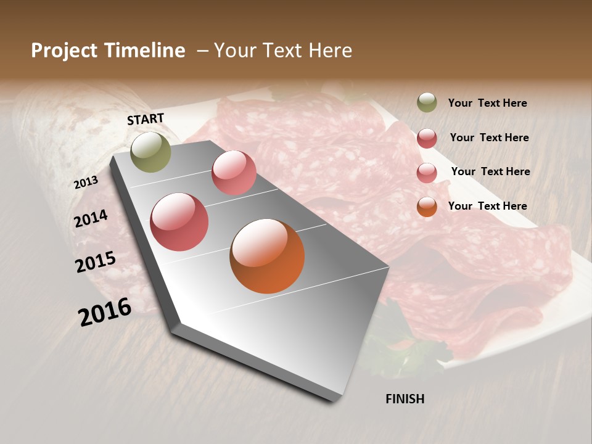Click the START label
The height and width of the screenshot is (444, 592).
tap(146, 119)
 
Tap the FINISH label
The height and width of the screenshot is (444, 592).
tap(405, 399)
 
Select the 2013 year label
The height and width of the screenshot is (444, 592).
tap(86, 183)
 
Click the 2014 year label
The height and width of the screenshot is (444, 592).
tap(91, 218)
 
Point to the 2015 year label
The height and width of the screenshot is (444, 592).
tap(96, 262)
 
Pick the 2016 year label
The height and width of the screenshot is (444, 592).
tap(105, 312)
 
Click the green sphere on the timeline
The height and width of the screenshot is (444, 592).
tap(150, 152)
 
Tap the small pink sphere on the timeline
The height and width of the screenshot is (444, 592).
tap(234, 173)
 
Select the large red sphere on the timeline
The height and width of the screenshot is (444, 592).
tap(179, 222)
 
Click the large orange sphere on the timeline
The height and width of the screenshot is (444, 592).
tap(267, 256)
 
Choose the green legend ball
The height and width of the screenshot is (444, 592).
tap(427, 102)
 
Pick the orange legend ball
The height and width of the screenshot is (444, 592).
tap(427, 207)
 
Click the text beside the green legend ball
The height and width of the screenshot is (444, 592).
tap(487, 104)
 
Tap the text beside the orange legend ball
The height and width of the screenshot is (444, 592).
tap(487, 206)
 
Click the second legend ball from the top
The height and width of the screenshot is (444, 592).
tap(427, 138)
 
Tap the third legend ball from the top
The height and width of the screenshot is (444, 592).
tap(427, 173)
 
